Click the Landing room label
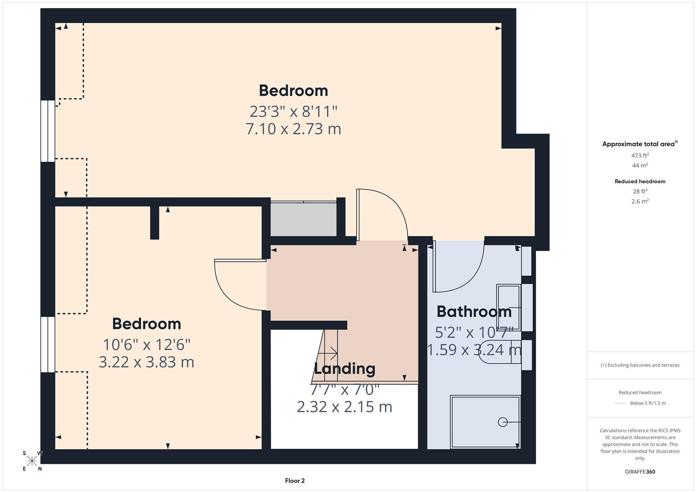345,369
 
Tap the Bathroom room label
474,312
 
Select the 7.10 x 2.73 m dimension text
293,129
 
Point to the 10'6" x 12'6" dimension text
146,344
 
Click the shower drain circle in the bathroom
503,422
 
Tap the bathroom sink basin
508,300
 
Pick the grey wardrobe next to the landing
304,219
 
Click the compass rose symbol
32,461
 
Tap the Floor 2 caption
295,481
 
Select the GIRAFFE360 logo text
640,471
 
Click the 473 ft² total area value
640,155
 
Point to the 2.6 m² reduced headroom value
640,201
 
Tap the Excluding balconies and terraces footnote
640,365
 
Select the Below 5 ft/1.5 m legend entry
647,403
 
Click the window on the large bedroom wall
48,131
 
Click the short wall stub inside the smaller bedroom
155,223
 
